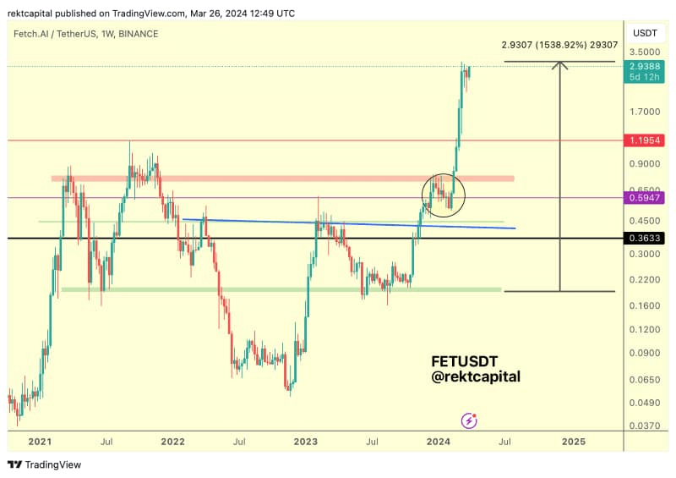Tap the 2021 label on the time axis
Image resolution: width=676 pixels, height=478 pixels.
tap(40, 442)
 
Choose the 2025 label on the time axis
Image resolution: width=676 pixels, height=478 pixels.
tap(573, 442)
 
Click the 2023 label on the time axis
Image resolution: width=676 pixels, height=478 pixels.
tap(306, 442)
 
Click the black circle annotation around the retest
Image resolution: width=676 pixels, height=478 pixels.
tap(443, 195)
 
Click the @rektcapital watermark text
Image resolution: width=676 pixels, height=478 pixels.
tap(476, 376)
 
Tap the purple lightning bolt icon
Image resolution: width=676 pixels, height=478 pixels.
tap(470, 420)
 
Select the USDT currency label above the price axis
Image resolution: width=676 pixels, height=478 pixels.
tap(646, 32)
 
